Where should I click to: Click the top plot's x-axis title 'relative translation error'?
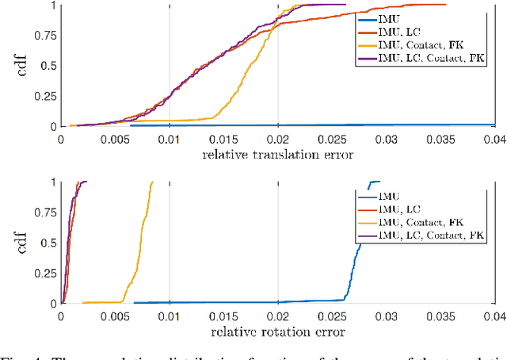point(278,154)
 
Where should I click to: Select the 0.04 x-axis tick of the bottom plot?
point(494,315)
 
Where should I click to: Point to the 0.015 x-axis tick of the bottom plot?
point(223,315)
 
